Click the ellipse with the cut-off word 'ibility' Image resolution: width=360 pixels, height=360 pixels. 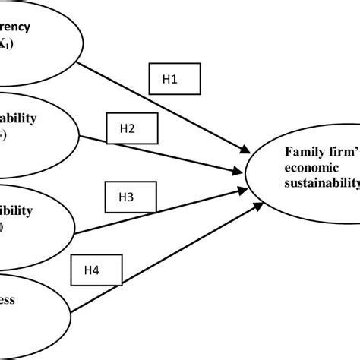coord(38,216)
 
